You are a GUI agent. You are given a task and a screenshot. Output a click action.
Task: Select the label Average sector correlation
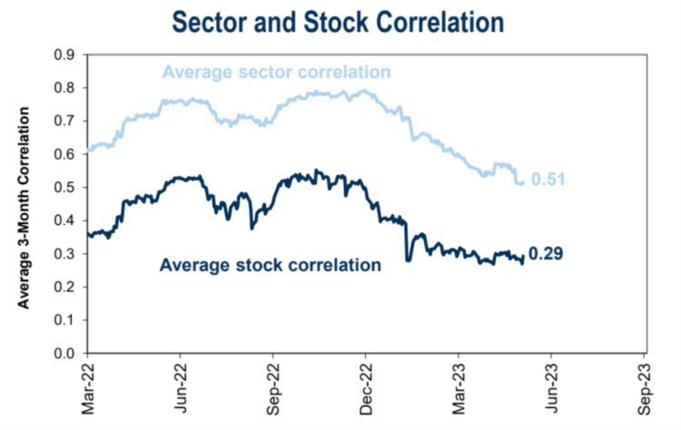(277, 72)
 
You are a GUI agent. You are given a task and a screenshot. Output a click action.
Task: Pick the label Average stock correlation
(270, 266)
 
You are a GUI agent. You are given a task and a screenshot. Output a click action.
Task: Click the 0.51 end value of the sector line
(549, 180)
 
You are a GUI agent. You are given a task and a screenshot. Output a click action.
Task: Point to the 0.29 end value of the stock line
(546, 253)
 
